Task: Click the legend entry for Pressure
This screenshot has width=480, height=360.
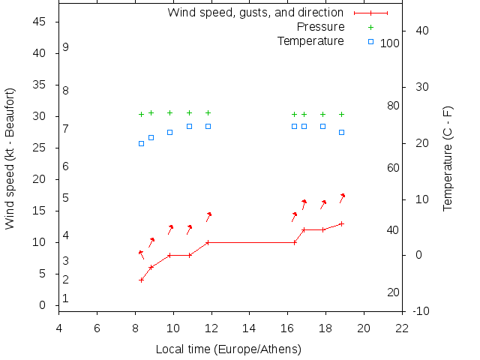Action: (320, 27)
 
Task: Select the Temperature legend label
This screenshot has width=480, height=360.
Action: (310, 40)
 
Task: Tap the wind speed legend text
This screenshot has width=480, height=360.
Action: (255, 13)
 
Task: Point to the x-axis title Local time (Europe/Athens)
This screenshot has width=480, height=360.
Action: (228, 349)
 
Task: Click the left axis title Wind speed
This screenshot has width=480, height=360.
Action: (10, 158)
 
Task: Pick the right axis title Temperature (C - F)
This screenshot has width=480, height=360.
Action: (448, 158)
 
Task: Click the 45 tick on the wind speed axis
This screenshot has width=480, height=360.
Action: (40, 22)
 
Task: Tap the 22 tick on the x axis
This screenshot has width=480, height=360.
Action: (402, 328)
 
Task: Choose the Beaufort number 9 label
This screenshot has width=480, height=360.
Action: (66, 47)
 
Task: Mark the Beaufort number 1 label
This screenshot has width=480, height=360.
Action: (66, 298)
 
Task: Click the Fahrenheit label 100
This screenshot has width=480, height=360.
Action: (390, 43)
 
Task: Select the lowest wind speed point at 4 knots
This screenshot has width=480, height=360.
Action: (141, 280)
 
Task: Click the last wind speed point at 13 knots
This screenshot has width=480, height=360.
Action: (341, 223)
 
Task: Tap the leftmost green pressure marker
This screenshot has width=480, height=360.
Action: (141, 115)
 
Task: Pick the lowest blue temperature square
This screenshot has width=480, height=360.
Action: (141, 143)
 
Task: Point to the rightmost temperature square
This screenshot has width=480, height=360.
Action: (341, 132)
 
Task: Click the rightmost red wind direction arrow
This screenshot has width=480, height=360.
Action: (342, 197)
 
